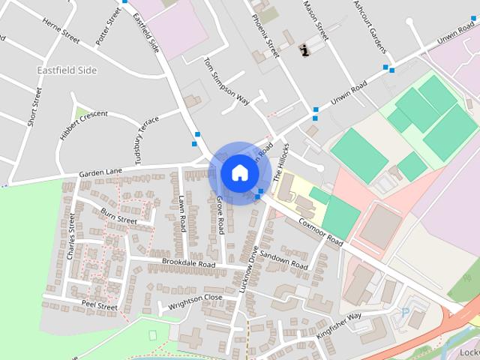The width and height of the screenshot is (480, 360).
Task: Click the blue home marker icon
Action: [239, 172]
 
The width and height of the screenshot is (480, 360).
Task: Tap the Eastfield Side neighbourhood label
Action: [67, 70]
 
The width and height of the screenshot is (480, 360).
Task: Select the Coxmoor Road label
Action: [320, 229]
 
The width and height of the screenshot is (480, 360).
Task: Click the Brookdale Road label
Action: [188, 263]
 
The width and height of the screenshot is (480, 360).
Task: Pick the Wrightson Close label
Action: [196, 298]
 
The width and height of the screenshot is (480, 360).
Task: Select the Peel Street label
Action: [99, 307]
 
